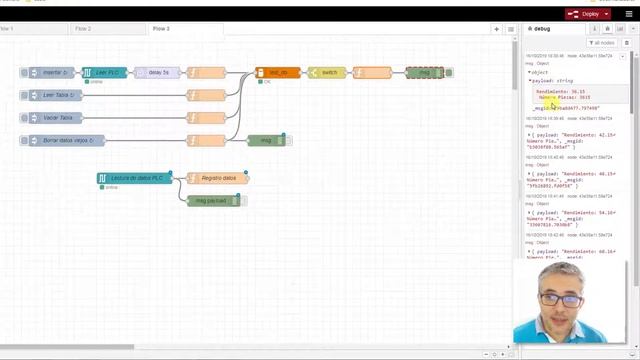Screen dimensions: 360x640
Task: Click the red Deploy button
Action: (586, 14)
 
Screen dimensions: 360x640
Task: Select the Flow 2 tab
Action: (82, 29)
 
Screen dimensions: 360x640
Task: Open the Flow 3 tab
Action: (161, 29)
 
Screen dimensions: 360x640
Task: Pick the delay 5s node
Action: (157, 73)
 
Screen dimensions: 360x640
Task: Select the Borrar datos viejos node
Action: (62, 140)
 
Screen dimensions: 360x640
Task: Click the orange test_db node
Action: (277, 73)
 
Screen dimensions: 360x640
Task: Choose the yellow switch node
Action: (327, 73)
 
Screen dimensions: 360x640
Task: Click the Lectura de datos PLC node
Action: (134, 178)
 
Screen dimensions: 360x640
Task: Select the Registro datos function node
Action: (217, 178)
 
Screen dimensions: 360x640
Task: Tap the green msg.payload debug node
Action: (214, 200)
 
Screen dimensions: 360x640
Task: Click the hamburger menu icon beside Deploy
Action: (629, 14)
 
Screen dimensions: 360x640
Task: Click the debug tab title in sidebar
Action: (541, 29)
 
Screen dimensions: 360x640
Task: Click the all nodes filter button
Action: (602, 43)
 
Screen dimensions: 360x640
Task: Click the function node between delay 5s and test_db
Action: (206, 73)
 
